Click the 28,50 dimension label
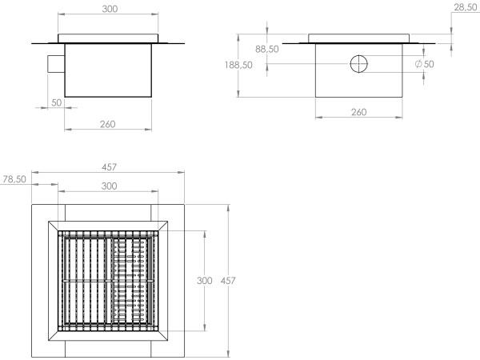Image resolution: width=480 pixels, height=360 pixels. point(465,8)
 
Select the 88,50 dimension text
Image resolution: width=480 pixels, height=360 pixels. point(267,49)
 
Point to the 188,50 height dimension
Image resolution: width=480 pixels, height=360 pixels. point(238,65)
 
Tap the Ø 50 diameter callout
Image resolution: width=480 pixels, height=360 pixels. point(425,64)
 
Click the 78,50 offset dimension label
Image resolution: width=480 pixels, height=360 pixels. point(14,179)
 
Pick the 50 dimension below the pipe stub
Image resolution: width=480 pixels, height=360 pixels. point(57,102)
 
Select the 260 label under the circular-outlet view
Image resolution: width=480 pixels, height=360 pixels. point(358,112)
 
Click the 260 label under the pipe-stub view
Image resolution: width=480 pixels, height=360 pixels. point(108,124)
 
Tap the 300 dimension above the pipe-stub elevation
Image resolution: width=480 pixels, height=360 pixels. point(110,9)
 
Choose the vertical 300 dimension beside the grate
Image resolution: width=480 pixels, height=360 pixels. point(205,281)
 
